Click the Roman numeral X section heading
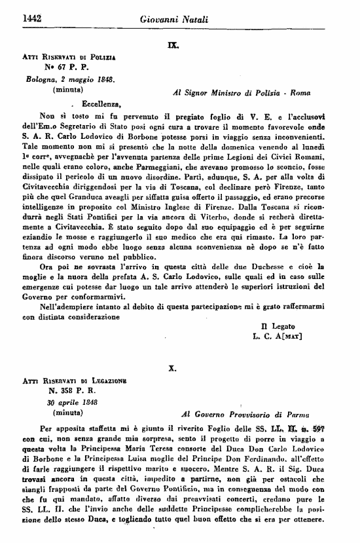coord(173,369)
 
